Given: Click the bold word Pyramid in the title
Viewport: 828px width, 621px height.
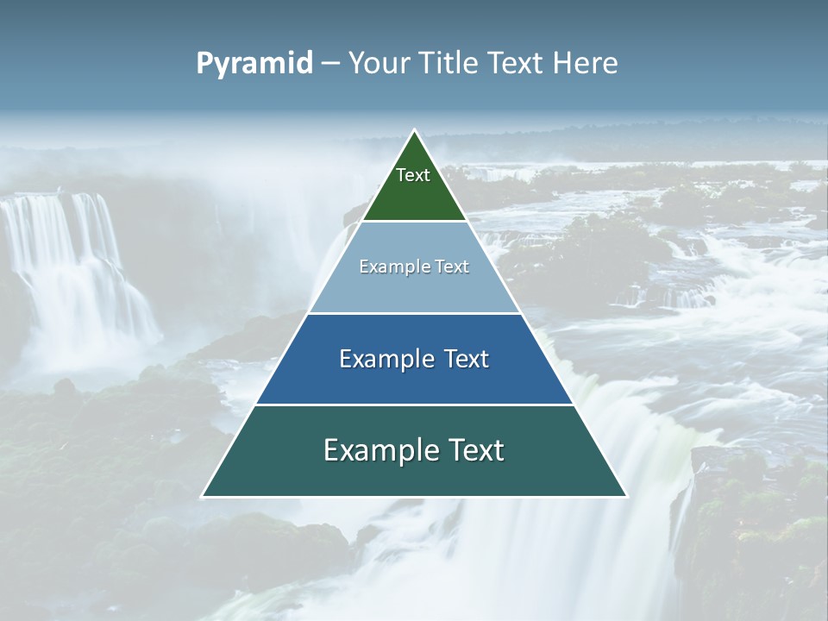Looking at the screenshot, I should pyautogui.click(x=254, y=64).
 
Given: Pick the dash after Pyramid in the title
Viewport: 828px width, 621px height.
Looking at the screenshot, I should pyautogui.click(x=329, y=64).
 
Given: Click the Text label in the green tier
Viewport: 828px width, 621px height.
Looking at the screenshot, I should pyautogui.click(x=413, y=175).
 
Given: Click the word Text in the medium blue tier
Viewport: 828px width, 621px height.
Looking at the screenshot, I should pyautogui.click(x=467, y=359).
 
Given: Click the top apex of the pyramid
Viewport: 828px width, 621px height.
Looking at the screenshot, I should pyautogui.click(x=414, y=131).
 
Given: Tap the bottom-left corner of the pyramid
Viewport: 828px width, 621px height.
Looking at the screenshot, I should pyautogui.click(x=204, y=496).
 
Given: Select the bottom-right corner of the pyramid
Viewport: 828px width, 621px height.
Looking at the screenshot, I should pyautogui.click(x=625, y=496).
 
